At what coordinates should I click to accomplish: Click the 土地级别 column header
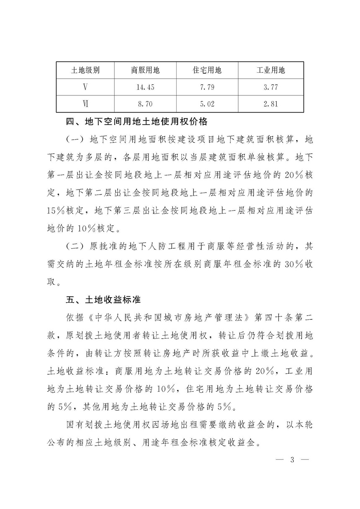[85, 70]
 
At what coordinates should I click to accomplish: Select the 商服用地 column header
[145, 70]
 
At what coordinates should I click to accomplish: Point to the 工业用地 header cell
[270, 70]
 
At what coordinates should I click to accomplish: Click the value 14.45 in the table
[145, 87]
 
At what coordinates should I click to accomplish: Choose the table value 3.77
[271, 87]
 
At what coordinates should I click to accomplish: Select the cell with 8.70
[145, 104]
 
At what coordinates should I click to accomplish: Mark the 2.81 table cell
[271, 104]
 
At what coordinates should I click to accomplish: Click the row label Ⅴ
[85, 87]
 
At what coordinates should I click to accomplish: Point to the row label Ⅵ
[85, 104]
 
